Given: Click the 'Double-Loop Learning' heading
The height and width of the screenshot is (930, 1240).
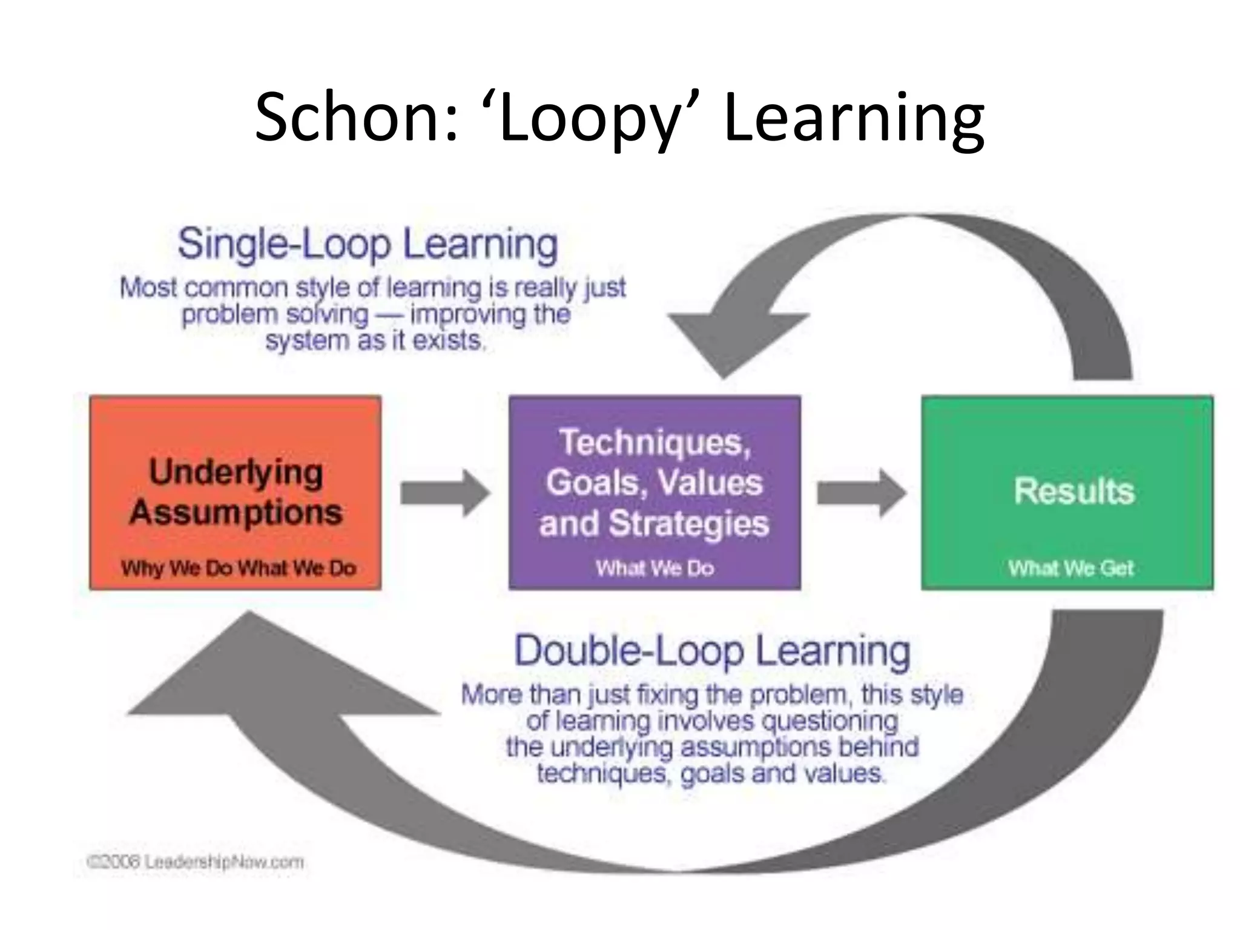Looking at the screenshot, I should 712,651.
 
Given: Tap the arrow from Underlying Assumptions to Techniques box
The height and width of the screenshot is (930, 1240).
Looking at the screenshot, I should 445,493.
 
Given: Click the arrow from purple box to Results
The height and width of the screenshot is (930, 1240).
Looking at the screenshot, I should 861,493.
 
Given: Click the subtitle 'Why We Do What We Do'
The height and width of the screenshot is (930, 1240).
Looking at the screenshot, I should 238,568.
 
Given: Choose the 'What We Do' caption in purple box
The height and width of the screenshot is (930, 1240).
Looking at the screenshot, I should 655,568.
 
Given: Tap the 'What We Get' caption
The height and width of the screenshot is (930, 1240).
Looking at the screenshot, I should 1070,568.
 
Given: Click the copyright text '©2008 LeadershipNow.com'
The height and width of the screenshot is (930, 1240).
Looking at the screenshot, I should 196,862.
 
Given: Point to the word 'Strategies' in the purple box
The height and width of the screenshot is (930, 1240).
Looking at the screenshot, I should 688,523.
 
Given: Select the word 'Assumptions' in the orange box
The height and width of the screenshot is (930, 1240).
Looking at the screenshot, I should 236,512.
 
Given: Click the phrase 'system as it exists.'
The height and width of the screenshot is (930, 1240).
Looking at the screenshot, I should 375,341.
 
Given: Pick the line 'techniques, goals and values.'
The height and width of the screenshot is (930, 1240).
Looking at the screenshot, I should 711,774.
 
